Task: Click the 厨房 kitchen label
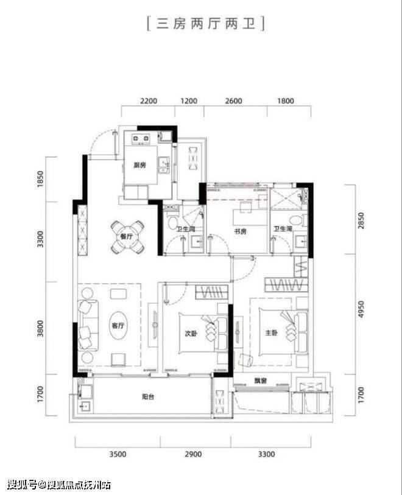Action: (x=140, y=165)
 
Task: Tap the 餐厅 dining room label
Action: (x=127, y=236)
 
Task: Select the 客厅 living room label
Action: (x=118, y=326)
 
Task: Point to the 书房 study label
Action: (x=241, y=231)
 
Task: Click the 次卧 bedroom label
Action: (x=191, y=334)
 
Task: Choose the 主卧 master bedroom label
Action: (x=271, y=332)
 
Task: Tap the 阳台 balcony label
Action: (x=148, y=397)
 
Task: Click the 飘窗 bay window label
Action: (x=261, y=381)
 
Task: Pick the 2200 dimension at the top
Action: (x=149, y=101)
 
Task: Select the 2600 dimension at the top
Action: (x=234, y=101)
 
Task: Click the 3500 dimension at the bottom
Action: (x=118, y=454)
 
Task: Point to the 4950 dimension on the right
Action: (x=361, y=310)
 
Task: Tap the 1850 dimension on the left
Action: (x=40, y=180)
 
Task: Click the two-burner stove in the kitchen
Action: (x=141, y=139)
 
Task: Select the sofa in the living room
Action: (x=88, y=326)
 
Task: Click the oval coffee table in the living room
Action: (x=118, y=326)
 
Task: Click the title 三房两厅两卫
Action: (x=206, y=24)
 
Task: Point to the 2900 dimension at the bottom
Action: (x=193, y=454)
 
